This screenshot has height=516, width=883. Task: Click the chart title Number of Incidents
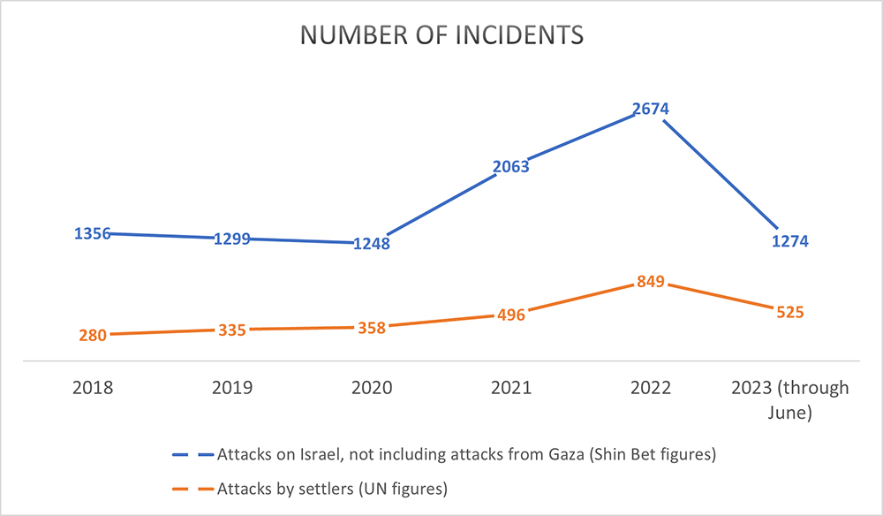(x=441, y=34)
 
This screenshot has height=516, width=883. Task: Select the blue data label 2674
(x=652, y=110)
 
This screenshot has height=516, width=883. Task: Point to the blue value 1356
(x=94, y=234)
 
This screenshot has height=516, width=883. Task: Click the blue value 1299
(x=232, y=239)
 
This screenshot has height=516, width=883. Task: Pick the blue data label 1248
(x=372, y=244)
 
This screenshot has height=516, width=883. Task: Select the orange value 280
(x=93, y=335)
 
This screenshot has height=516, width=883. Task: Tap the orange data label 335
(x=232, y=330)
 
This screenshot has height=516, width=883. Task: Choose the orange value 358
(x=372, y=328)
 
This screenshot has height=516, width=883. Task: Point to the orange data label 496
(x=512, y=315)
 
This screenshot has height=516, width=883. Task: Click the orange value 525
(x=789, y=312)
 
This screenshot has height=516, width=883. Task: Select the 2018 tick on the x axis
(x=94, y=389)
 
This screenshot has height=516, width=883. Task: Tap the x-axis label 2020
(x=372, y=389)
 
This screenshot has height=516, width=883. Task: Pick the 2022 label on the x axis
(x=652, y=389)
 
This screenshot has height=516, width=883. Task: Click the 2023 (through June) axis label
(x=789, y=398)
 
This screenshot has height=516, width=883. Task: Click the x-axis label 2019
(x=232, y=389)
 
